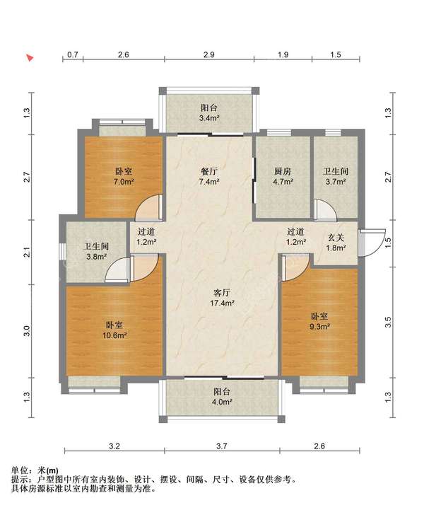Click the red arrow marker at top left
[30, 58]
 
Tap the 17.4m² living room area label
[222, 303]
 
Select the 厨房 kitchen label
[283, 171]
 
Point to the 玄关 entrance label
[336, 238]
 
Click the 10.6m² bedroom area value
[114, 335]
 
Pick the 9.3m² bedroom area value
[319, 327]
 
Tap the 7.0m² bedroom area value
[124, 182]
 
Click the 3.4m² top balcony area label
[209, 118]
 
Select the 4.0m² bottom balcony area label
[222, 402]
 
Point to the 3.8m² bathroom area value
[97, 257]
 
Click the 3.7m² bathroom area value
[336, 182]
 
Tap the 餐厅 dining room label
[209, 171]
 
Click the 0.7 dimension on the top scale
[73, 54]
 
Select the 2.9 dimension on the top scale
[209, 54]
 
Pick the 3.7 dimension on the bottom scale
[222, 446]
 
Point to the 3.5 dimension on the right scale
[388, 322]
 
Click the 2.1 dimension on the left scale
[28, 253]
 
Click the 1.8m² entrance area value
[336, 248]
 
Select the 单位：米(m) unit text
[35, 470]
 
